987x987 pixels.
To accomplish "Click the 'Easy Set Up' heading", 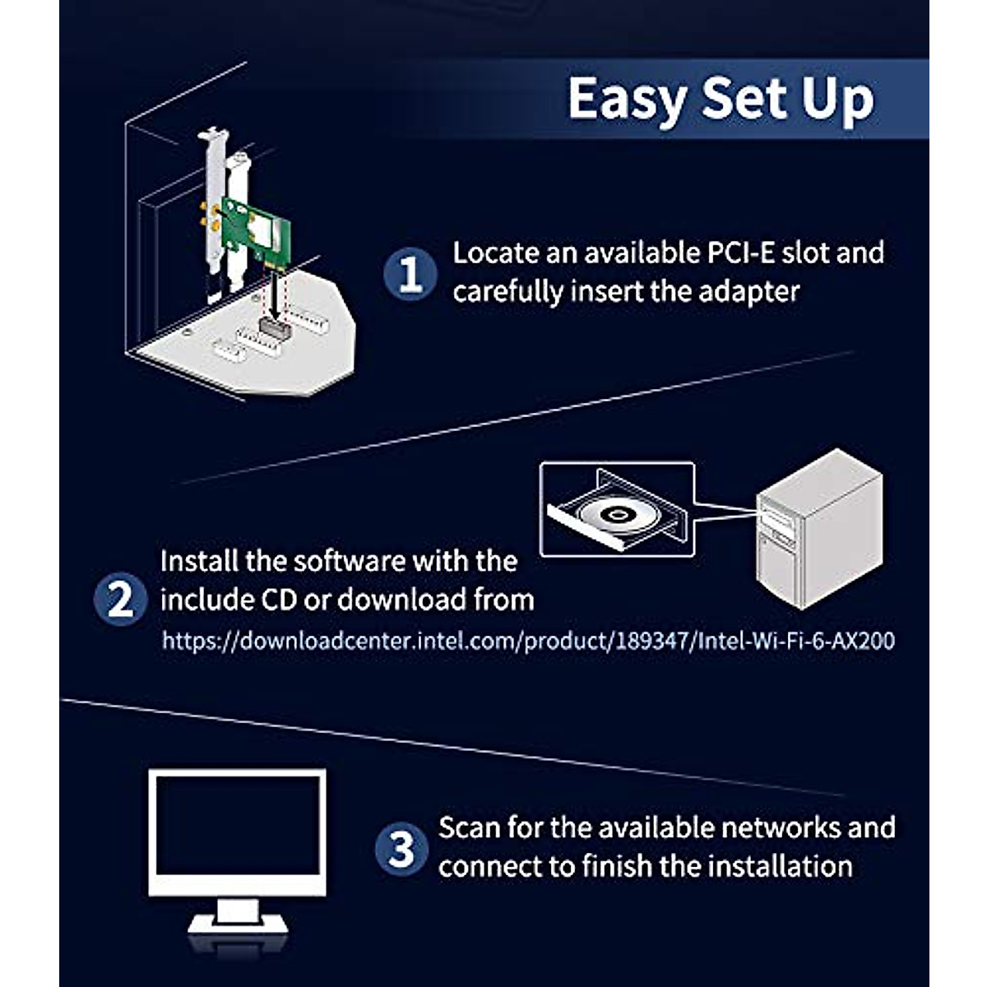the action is point(721,99).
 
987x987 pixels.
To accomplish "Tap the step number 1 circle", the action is point(410,274).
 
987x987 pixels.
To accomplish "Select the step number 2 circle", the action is point(121,599).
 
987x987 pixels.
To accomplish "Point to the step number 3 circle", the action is point(401,848).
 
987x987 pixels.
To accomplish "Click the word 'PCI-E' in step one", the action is point(730,253).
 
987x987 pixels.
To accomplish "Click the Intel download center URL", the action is point(528,641).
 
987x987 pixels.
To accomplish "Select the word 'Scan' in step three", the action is point(469,827).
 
